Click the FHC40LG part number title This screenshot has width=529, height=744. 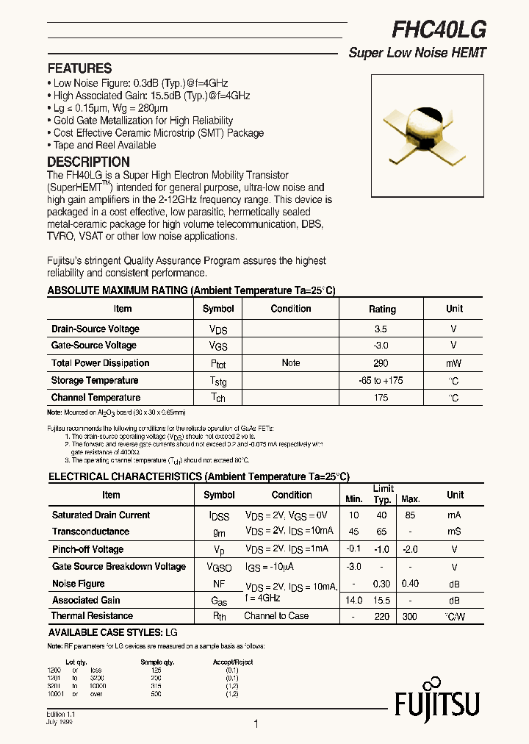(x=439, y=29)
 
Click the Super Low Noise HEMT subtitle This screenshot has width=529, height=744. (x=417, y=53)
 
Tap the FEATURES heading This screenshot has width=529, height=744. (x=79, y=68)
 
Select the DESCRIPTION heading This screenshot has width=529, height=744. (x=88, y=162)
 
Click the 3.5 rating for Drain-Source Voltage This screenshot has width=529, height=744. (x=380, y=329)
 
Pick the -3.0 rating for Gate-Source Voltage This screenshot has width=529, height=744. (x=381, y=346)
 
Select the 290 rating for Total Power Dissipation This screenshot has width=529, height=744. (x=381, y=363)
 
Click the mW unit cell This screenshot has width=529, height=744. (x=453, y=363)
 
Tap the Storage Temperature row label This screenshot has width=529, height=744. (x=95, y=381)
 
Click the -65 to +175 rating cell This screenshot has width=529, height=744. (x=381, y=381)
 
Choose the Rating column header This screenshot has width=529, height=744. (x=382, y=310)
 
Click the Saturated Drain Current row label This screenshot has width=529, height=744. (x=101, y=515)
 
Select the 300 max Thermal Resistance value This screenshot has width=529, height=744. (x=410, y=617)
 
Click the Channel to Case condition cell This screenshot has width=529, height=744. (x=276, y=616)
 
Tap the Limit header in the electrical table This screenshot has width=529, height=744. (x=383, y=489)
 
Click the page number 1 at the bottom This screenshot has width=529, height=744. (x=256, y=724)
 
